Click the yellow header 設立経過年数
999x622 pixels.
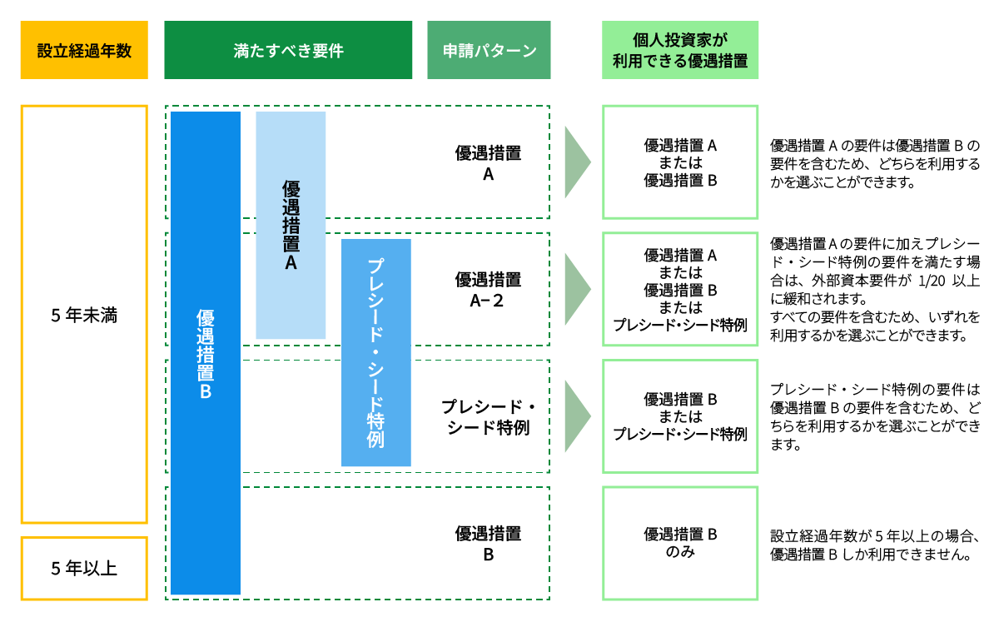click(x=84, y=50)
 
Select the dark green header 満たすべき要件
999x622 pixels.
click(x=288, y=50)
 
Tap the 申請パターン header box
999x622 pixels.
click(x=489, y=50)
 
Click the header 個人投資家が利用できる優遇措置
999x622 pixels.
click(x=680, y=50)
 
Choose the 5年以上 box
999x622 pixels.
click(x=84, y=569)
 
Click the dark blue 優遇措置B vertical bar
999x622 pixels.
click(x=206, y=353)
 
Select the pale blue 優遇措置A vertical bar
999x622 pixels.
click(x=291, y=225)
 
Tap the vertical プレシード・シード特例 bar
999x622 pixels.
click(x=376, y=352)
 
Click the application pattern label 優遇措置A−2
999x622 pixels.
click(x=488, y=289)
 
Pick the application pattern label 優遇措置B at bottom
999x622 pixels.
click(x=488, y=544)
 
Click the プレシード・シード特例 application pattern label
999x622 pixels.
click(x=488, y=417)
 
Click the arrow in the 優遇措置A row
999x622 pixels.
click(x=577, y=162)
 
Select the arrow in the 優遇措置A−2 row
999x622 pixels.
click(x=577, y=289)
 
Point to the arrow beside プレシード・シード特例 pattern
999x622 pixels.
click(x=577, y=416)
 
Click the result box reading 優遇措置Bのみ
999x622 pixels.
click(x=680, y=543)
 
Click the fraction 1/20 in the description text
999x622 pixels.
click(x=921, y=281)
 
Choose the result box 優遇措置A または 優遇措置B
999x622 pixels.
click(x=680, y=162)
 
